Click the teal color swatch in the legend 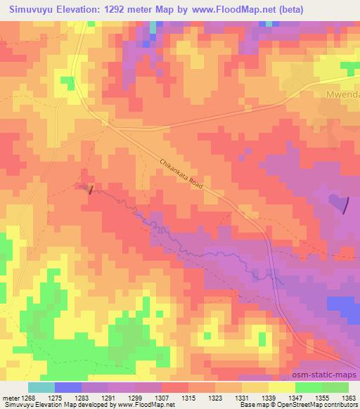(x=41, y=387)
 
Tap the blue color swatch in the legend (x=67, y=387)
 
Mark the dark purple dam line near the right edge (x=345, y=204)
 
